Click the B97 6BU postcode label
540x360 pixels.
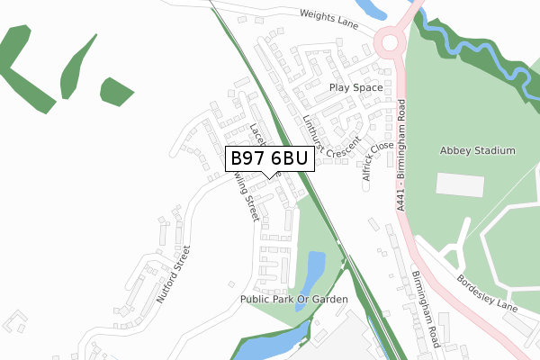pyautogui.click(x=269, y=158)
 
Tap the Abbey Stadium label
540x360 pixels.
pyautogui.click(x=477, y=150)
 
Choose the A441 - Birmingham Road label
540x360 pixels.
pyautogui.click(x=401, y=155)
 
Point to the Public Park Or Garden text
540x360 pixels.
pyautogui.click(x=293, y=298)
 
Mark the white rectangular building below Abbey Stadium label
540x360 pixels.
pyautogui.click(x=459, y=184)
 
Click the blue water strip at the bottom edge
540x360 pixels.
pyautogui.click(x=270, y=346)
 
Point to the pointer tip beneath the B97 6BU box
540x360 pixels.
pyautogui.click(x=269, y=176)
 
